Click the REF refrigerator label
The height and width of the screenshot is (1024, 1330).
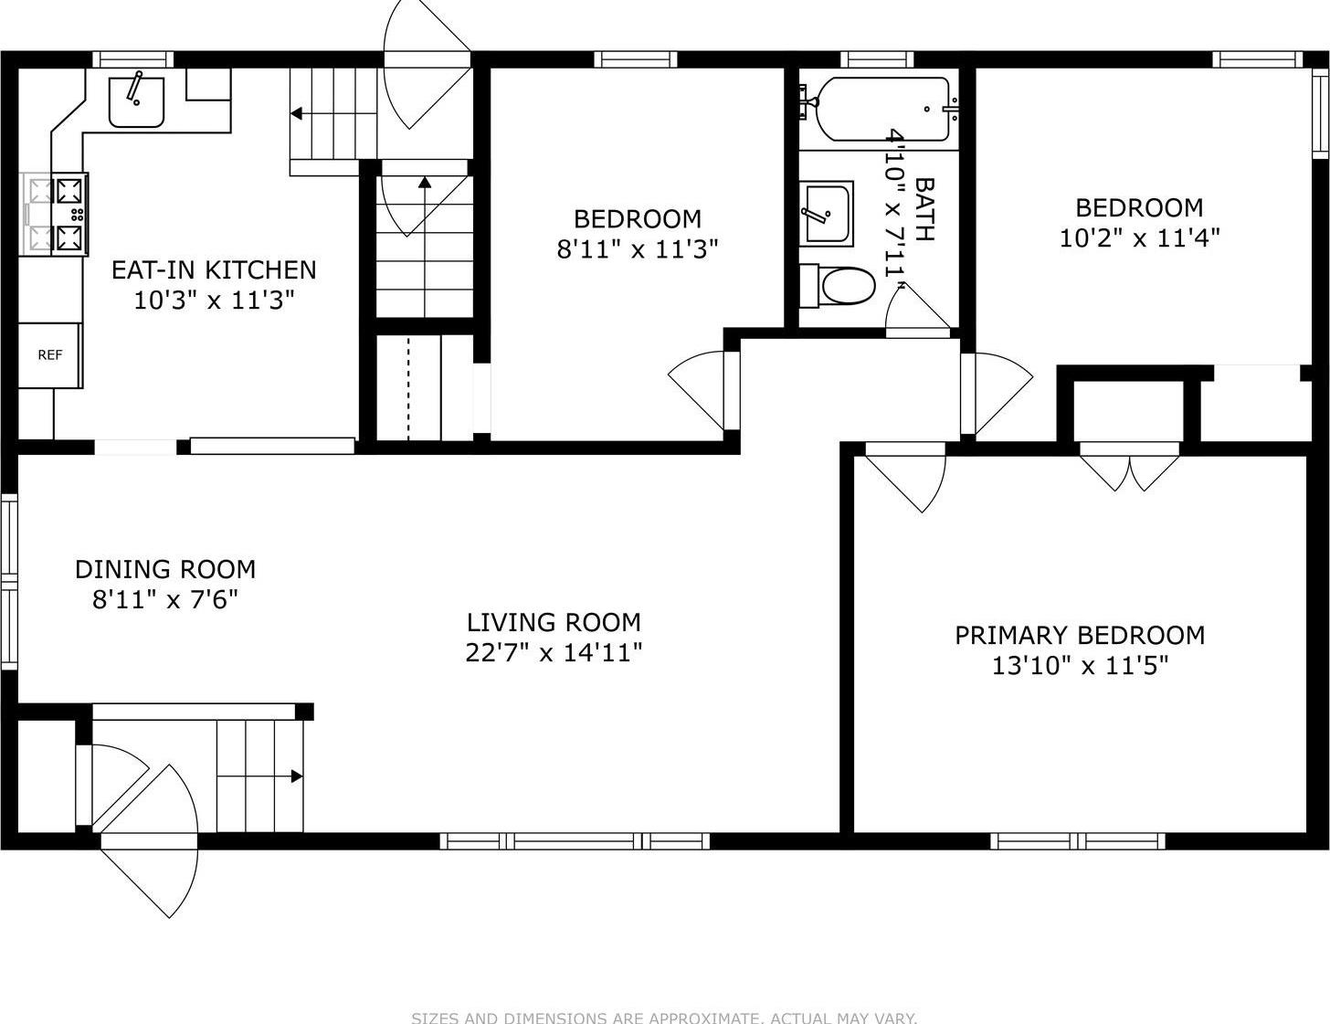[x=49, y=355]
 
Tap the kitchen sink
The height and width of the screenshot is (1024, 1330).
[x=136, y=101]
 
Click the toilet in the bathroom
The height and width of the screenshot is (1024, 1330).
[x=838, y=286]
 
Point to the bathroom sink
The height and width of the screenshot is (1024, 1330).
[x=827, y=214]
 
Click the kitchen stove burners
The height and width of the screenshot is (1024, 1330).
[x=69, y=215]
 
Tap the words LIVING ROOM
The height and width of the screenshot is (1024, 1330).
[x=554, y=622]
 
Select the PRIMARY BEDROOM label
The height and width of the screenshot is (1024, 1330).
[x=1080, y=636]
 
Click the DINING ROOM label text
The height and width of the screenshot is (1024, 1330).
[x=165, y=569]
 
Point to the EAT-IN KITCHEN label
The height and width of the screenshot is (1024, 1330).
[x=214, y=269]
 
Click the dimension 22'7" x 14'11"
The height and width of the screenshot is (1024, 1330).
[x=554, y=652]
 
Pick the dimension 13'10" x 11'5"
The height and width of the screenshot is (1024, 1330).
[x=1080, y=665]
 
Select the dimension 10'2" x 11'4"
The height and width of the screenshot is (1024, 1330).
[x=1140, y=238]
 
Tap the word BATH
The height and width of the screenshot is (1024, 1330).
[x=924, y=209]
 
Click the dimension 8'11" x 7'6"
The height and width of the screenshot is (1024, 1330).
[x=165, y=599]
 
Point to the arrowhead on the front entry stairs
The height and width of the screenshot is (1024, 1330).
[x=297, y=776]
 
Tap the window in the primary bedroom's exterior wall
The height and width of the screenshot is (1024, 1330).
[x=1078, y=841]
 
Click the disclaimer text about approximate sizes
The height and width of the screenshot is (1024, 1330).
[x=664, y=1018]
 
